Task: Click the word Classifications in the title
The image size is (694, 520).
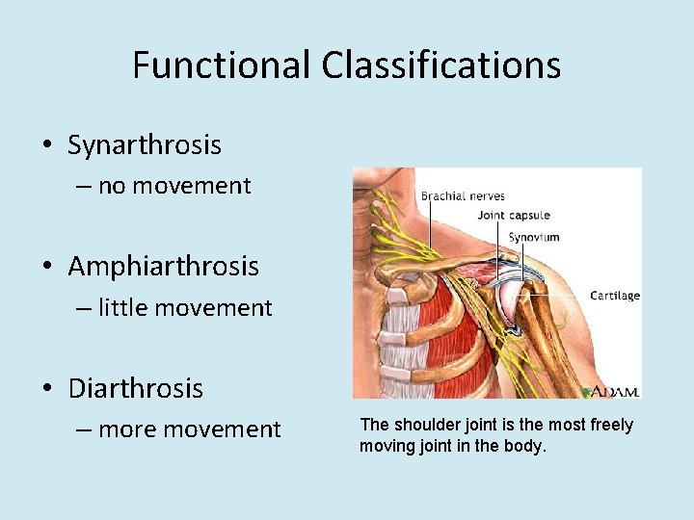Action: [x=440, y=65]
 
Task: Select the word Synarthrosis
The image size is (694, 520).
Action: [x=145, y=145]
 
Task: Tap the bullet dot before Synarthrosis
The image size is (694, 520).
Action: [x=46, y=146]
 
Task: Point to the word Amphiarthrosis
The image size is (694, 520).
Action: [x=163, y=266]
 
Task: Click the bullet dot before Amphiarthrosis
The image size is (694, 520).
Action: [x=46, y=267]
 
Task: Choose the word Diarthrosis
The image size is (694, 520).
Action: [x=136, y=388]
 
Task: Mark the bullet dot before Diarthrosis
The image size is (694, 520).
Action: [x=46, y=389]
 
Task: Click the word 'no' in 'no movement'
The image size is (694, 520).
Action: [x=112, y=186]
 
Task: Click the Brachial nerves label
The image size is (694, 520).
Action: [x=463, y=196]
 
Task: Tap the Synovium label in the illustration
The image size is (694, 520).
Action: [x=534, y=237]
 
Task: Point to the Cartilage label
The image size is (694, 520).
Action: [x=614, y=296]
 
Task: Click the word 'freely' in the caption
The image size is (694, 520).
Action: [x=611, y=426]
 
